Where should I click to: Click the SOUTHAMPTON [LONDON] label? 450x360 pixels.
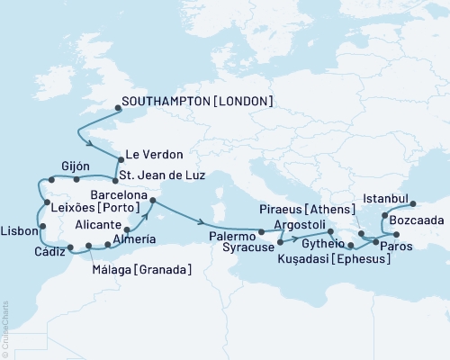click(197, 101)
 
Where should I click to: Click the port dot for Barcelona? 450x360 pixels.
click(152, 200)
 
